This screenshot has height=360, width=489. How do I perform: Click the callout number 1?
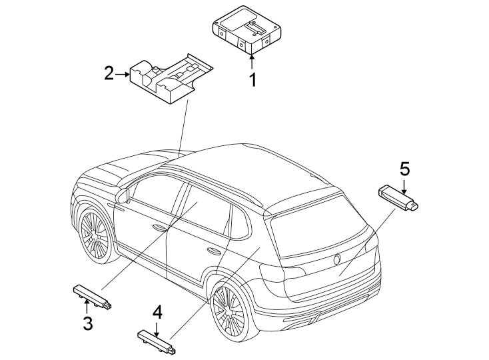252,81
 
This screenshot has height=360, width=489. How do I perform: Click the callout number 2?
109,73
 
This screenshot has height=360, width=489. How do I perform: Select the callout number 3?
87,325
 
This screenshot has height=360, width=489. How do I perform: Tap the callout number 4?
157,311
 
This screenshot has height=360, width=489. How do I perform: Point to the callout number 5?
404,167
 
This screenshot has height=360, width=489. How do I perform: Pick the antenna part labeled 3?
91,295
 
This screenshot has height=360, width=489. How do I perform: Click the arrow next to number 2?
123,74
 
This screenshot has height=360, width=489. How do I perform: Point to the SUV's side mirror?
122,195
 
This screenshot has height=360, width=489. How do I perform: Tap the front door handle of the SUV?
159,227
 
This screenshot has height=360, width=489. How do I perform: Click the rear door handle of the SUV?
215,251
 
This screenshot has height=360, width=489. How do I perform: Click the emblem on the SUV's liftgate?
338,259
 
